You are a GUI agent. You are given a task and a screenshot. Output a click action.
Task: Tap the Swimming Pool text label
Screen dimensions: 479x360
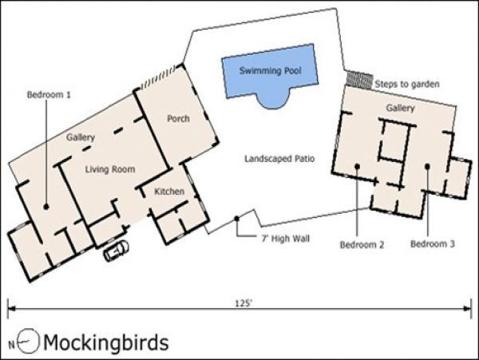(x=271, y=71)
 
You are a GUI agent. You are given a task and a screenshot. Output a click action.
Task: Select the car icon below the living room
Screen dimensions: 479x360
(x=116, y=251)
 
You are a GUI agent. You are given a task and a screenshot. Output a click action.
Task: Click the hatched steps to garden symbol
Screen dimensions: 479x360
(x=360, y=80)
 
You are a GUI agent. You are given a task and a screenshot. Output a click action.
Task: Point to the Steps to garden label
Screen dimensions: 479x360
(x=407, y=85)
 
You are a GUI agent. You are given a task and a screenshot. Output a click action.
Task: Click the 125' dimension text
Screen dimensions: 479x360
(x=243, y=303)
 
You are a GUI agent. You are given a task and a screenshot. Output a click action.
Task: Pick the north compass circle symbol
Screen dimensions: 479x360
(x=28, y=341)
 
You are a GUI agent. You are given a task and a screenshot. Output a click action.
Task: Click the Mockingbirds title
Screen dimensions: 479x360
(x=106, y=342)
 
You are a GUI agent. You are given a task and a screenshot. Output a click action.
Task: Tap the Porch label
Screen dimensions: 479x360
(x=178, y=118)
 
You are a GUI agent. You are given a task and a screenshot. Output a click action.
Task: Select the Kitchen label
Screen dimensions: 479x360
(x=169, y=192)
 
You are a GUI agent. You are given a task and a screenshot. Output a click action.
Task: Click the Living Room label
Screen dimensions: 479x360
(x=110, y=169)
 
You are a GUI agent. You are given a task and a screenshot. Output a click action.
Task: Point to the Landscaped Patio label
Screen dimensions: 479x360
(x=279, y=159)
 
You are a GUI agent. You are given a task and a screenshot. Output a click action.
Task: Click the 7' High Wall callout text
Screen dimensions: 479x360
(x=286, y=239)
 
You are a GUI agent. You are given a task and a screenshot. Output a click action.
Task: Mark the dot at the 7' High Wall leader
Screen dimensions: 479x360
(x=237, y=219)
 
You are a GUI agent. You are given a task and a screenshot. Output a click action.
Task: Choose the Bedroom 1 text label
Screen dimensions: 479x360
(x=49, y=95)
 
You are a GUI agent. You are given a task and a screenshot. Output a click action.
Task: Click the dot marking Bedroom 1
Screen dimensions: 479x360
(x=46, y=207)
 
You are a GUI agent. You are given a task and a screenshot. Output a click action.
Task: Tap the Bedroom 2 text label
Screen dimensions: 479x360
(x=362, y=244)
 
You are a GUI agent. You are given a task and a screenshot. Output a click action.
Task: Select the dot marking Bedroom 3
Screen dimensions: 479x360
(x=427, y=166)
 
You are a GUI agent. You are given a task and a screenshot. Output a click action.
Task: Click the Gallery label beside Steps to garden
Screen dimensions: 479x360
(x=400, y=108)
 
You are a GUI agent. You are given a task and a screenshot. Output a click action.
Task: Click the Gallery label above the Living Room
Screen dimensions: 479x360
(x=81, y=137)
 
